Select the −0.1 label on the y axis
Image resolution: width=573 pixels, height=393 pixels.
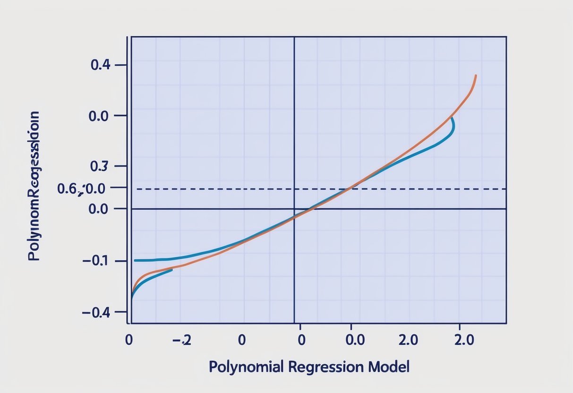(97, 261)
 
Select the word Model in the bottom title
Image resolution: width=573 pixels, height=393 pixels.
(389, 366)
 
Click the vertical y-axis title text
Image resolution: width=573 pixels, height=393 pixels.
(34, 187)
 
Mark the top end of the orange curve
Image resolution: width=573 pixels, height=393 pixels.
(475, 76)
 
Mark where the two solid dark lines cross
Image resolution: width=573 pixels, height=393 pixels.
(294, 209)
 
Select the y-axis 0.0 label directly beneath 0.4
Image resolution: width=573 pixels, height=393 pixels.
(99, 115)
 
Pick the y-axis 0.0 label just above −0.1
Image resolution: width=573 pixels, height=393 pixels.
(99, 209)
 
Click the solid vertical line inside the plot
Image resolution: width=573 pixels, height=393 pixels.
(294, 118)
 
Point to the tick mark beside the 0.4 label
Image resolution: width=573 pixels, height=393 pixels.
(121, 65)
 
